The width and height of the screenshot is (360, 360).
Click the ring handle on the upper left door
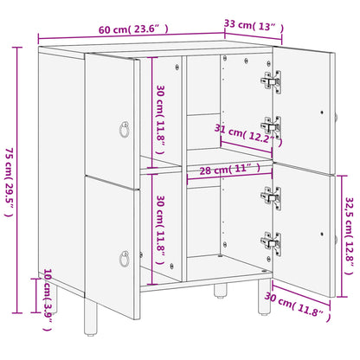click(x=125, y=128)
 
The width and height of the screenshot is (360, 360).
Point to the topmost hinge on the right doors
click(x=271, y=80)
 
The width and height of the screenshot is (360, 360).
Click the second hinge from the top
click(x=271, y=125)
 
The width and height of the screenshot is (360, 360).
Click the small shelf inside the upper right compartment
click(x=205, y=113)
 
